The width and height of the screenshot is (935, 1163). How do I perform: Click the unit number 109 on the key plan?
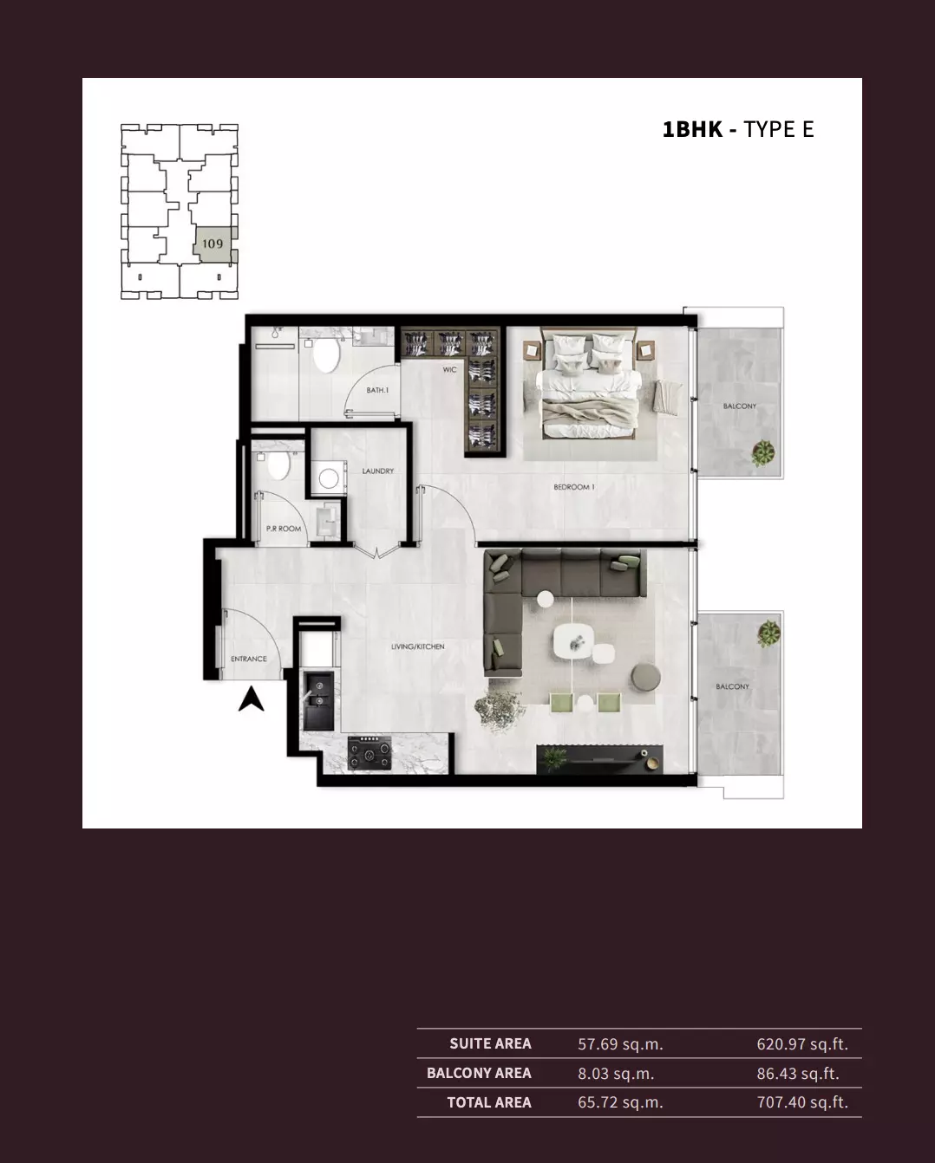pyautogui.click(x=212, y=244)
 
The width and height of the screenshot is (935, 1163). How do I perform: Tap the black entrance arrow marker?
pyautogui.click(x=251, y=699)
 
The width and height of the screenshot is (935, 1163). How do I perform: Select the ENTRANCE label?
pyautogui.click(x=249, y=659)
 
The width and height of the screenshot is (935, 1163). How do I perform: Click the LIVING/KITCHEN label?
pyautogui.click(x=418, y=646)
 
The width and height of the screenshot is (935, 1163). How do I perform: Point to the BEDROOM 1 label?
pyautogui.click(x=574, y=487)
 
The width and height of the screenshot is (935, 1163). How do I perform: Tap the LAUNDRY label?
pyautogui.click(x=377, y=471)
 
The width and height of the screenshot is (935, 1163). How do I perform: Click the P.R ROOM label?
pyautogui.click(x=284, y=529)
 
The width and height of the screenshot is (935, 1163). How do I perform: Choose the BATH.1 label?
pyautogui.click(x=377, y=390)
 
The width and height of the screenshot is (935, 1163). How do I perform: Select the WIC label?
pyautogui.click(x=449, y=370)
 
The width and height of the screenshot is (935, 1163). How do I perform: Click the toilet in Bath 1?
pyautogui.click(x=326, y=354)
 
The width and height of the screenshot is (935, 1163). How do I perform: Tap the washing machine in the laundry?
pyautogui.click(x=329, y=477)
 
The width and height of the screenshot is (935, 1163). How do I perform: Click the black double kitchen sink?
pyautogui.click(x=318, y=700)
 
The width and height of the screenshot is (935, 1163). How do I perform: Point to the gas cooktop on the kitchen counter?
pyautogui.click(x=370, y=753)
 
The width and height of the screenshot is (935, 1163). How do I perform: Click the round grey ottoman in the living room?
pyautogui.click(x=645, y=676)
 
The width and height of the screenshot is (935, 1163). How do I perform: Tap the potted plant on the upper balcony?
pyautogui.click(x=763, y=453)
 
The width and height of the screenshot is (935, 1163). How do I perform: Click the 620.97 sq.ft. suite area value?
pyautogui.click(x=802, y=1043)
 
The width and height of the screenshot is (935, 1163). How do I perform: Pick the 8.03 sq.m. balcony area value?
pyautogui.click(x=616, y=1073)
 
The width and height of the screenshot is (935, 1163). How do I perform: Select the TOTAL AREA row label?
pyautogui.click(x=489, y=1102)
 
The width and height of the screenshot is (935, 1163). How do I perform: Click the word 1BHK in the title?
pyautogui.click(x=693, y=130)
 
